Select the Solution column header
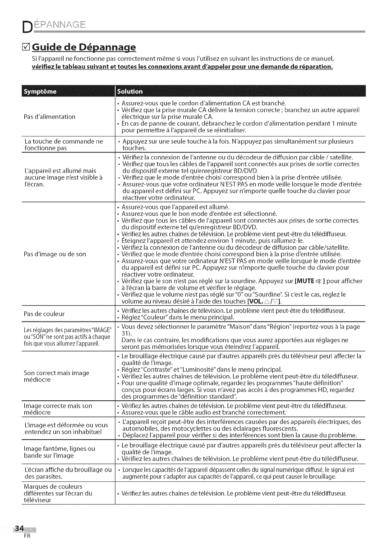pyautogui.click(x=130, y=92)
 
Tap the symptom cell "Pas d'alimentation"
pyautogui.click(x=50, y=117)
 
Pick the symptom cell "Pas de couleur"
pyautogui.click(x=44, y=314)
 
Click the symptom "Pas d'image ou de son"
pyautogui.click(x=55, y=254)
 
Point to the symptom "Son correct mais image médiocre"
pyautogui.click(x=56, y=376)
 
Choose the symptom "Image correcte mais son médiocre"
pyautogui.click(x=58, y=409)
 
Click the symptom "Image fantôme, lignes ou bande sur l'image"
pyautogui.click(x=59, y=452)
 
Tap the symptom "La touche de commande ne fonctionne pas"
pyautogui.click(x=63, y=145)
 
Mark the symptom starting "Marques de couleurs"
pyautogui.click(x=58, y=493)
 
